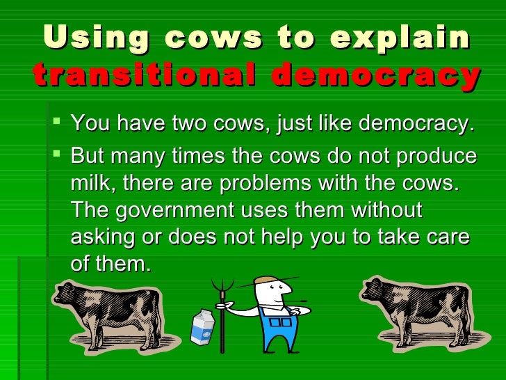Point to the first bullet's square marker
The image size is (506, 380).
click(58, 124)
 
